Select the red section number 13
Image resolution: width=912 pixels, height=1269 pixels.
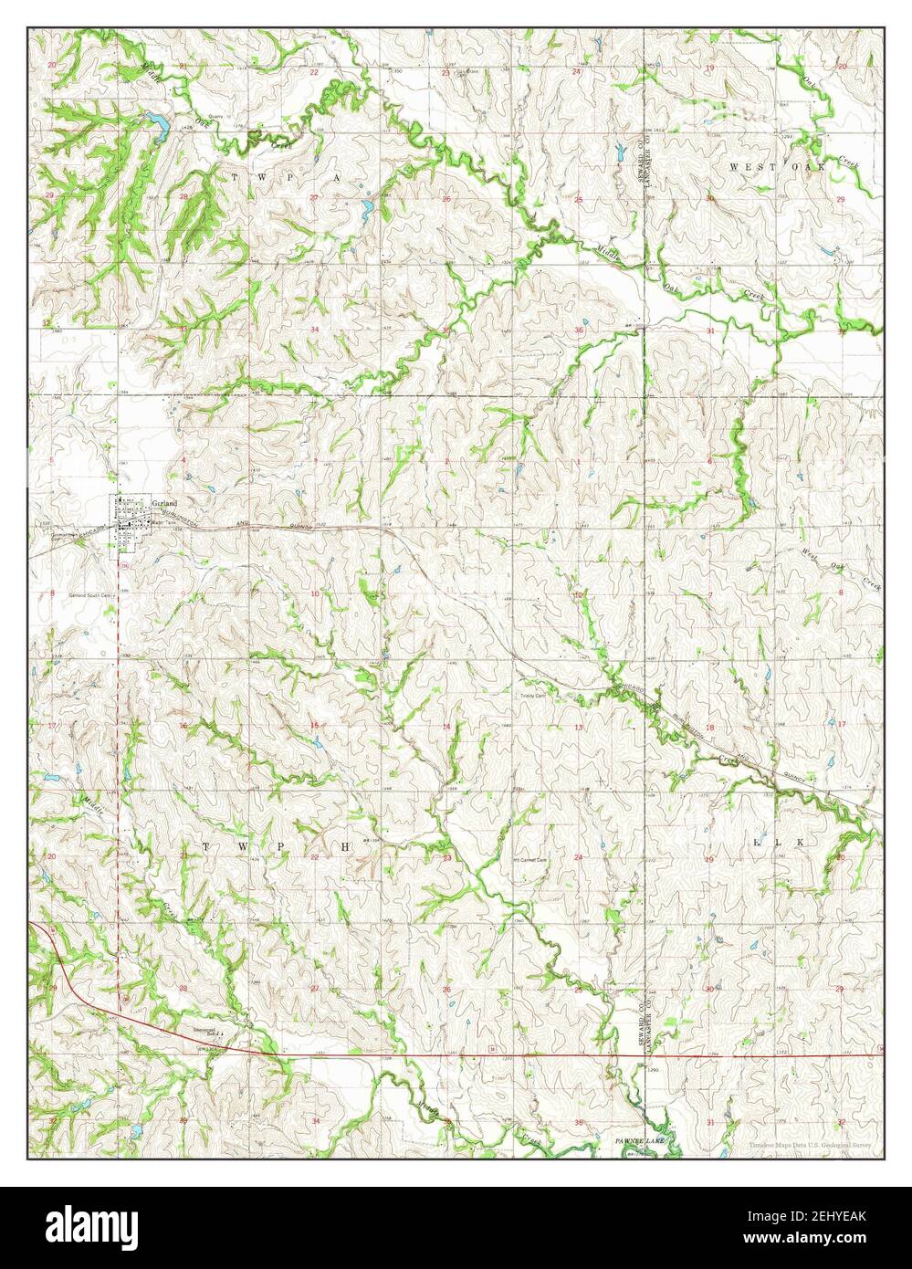[x=579, y=727]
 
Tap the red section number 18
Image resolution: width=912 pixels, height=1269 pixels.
[x=709, y=727]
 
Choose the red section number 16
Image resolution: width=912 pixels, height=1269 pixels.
[x=183, y=726]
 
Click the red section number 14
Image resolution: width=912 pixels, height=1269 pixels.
[x=446, y=727]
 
